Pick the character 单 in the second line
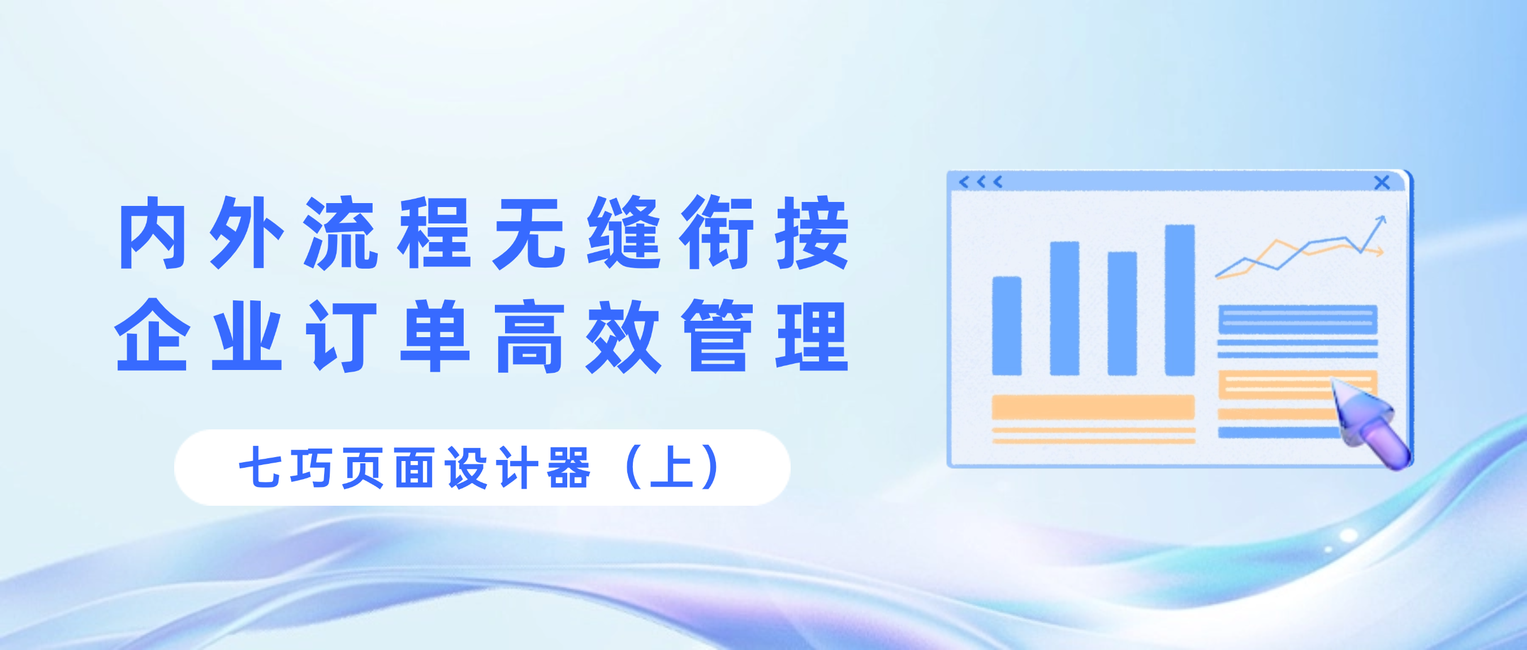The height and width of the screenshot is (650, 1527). pos(435,335)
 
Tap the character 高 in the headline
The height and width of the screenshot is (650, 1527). pos(529,335)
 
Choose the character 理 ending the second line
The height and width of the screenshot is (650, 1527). pos(813,335)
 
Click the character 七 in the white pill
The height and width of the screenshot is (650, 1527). pos(260,468)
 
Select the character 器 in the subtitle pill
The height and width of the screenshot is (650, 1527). pos(569,468)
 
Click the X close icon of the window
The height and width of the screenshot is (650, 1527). pos(1382,183)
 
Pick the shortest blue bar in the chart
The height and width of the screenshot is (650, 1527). pos(1007,326)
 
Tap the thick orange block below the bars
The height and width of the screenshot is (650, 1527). pos(1093,407)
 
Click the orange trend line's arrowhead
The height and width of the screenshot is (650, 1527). pos(1381,253)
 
